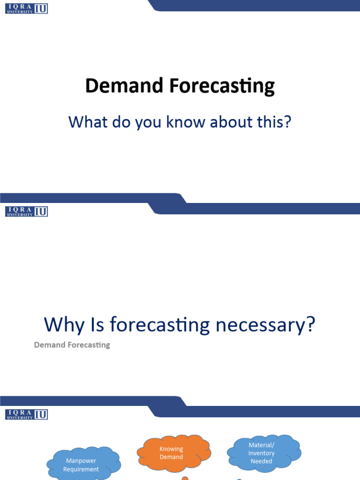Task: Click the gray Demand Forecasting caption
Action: [x=72, y=345]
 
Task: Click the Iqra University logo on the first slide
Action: [x=27, y=8]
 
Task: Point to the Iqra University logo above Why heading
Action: [x=27, y=211]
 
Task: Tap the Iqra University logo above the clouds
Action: [x=27, y=414]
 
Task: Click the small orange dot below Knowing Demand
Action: [x=185, y=478]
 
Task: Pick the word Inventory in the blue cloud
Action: [x=261, y=453]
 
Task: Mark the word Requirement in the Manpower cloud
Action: [x=81, y=469]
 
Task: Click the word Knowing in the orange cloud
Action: [x=171, y=449]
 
